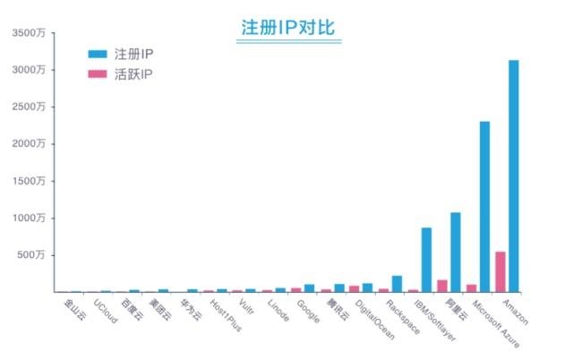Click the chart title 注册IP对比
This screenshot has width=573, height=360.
click(287, 27)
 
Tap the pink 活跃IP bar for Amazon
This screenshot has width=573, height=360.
click(500, 271)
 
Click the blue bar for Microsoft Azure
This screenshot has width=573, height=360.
click(484, 206)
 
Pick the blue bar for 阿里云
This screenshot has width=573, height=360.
click(456, 252)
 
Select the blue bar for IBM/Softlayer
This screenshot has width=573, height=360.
click(427, 259)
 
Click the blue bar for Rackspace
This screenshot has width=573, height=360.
click(398, 283)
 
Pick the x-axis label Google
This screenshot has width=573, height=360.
click(308, 309)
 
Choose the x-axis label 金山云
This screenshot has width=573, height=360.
click(74, 308)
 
